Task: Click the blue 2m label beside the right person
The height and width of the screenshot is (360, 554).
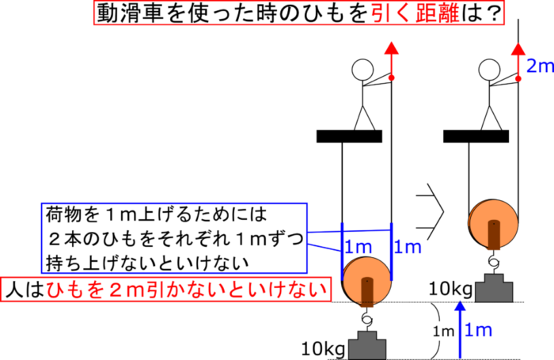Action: click(540, 66)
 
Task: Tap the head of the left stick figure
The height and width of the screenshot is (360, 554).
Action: click(362, 70)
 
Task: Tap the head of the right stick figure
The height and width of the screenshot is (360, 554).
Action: click(489, 70)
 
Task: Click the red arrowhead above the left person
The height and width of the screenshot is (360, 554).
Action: click(391, 48)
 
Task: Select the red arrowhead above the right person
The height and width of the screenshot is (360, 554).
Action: click(518, 49)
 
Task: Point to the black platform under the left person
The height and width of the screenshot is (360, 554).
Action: click(349, 136)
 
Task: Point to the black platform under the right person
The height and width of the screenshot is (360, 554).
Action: click(476, 136)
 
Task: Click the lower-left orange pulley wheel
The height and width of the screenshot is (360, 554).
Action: click(367, 281)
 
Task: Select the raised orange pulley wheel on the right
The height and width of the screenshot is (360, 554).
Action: click(494, 224)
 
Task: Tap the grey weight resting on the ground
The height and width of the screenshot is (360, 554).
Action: click(367, 345)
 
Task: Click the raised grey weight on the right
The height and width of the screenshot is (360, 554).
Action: click(494, 288)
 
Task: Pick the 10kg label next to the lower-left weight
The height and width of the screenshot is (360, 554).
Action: click(323, 350)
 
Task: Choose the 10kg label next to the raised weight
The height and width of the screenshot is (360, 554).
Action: click(450, 289)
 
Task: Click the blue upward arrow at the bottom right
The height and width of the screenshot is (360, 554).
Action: click(460, 330)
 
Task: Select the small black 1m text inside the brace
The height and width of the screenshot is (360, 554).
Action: click(443, 332)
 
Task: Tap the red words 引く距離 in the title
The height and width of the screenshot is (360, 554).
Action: click(415, 13)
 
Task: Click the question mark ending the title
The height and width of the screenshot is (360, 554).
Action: click(491, 13)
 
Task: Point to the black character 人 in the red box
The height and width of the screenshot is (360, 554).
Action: click(14, 290)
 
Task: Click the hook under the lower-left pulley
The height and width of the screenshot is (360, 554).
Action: click(367, 316)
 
